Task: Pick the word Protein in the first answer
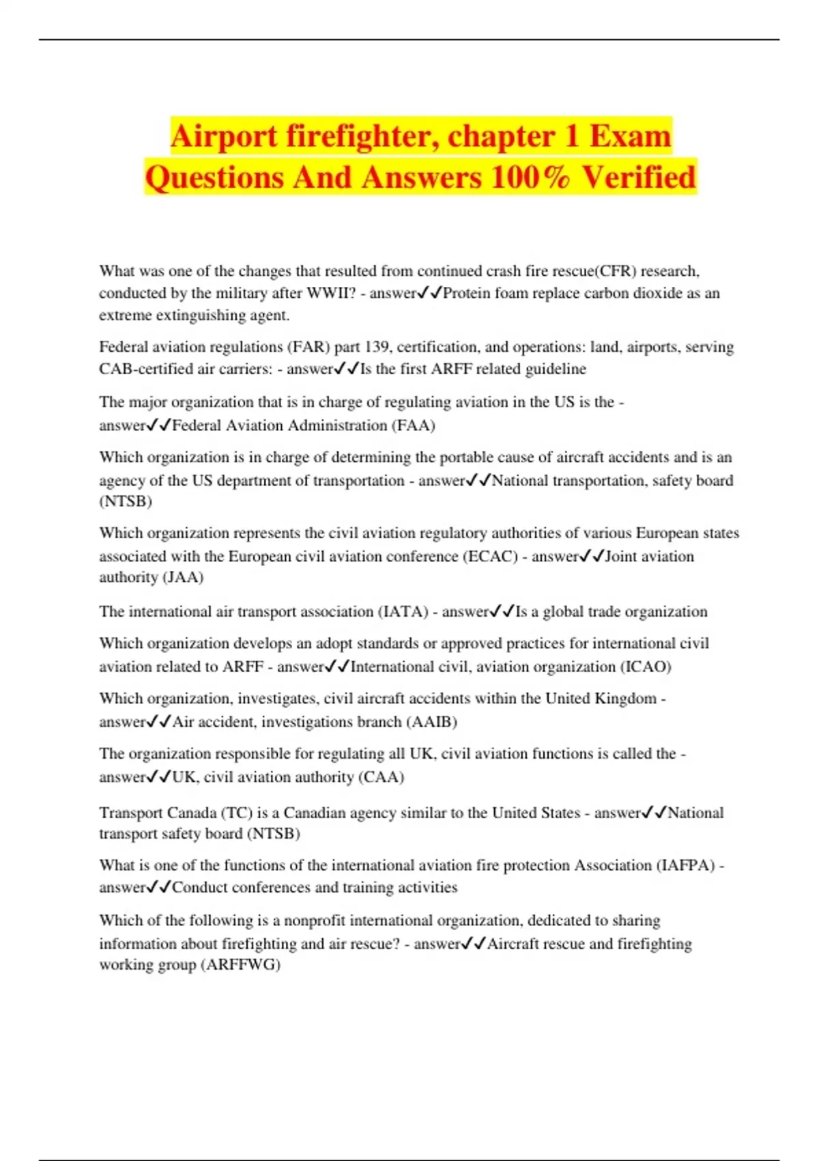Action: point(467,293)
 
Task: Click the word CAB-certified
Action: point(145,369)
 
